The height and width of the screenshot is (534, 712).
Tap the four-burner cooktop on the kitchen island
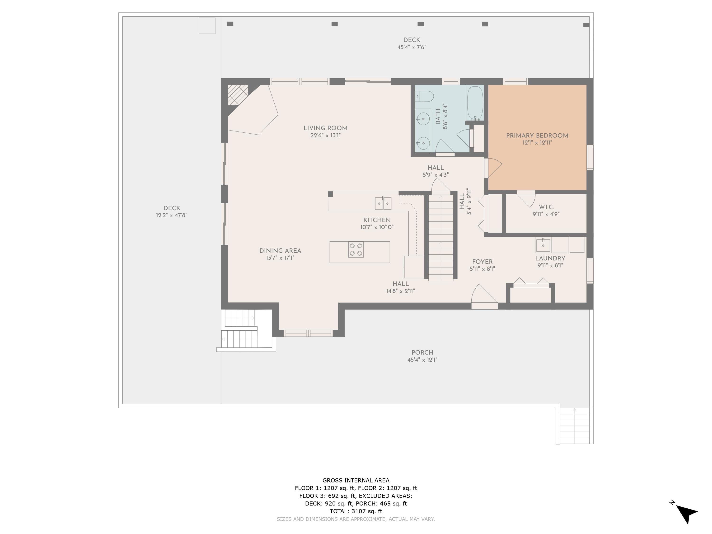pos(356,249)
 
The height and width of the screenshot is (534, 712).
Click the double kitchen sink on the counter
pos(383,203)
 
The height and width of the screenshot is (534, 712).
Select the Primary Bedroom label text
pos(537,136)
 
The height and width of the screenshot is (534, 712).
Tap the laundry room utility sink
pos(543,245)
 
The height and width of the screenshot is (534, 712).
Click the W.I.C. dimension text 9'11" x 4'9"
pos(546,214)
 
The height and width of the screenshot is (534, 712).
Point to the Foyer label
pos(482,262)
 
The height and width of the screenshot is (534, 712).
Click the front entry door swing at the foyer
pos(483,295)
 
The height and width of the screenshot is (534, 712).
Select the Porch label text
pos(422,352)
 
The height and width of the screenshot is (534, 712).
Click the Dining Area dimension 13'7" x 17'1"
pos(280,258)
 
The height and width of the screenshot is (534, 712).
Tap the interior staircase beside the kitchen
pos(441,237)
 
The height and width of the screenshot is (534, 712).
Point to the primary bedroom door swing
pos(494,167)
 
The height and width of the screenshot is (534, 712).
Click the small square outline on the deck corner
pos(207,26)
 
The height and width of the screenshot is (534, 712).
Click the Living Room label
pos(325,128)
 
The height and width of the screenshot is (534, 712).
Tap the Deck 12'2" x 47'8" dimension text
pos(172,215)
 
